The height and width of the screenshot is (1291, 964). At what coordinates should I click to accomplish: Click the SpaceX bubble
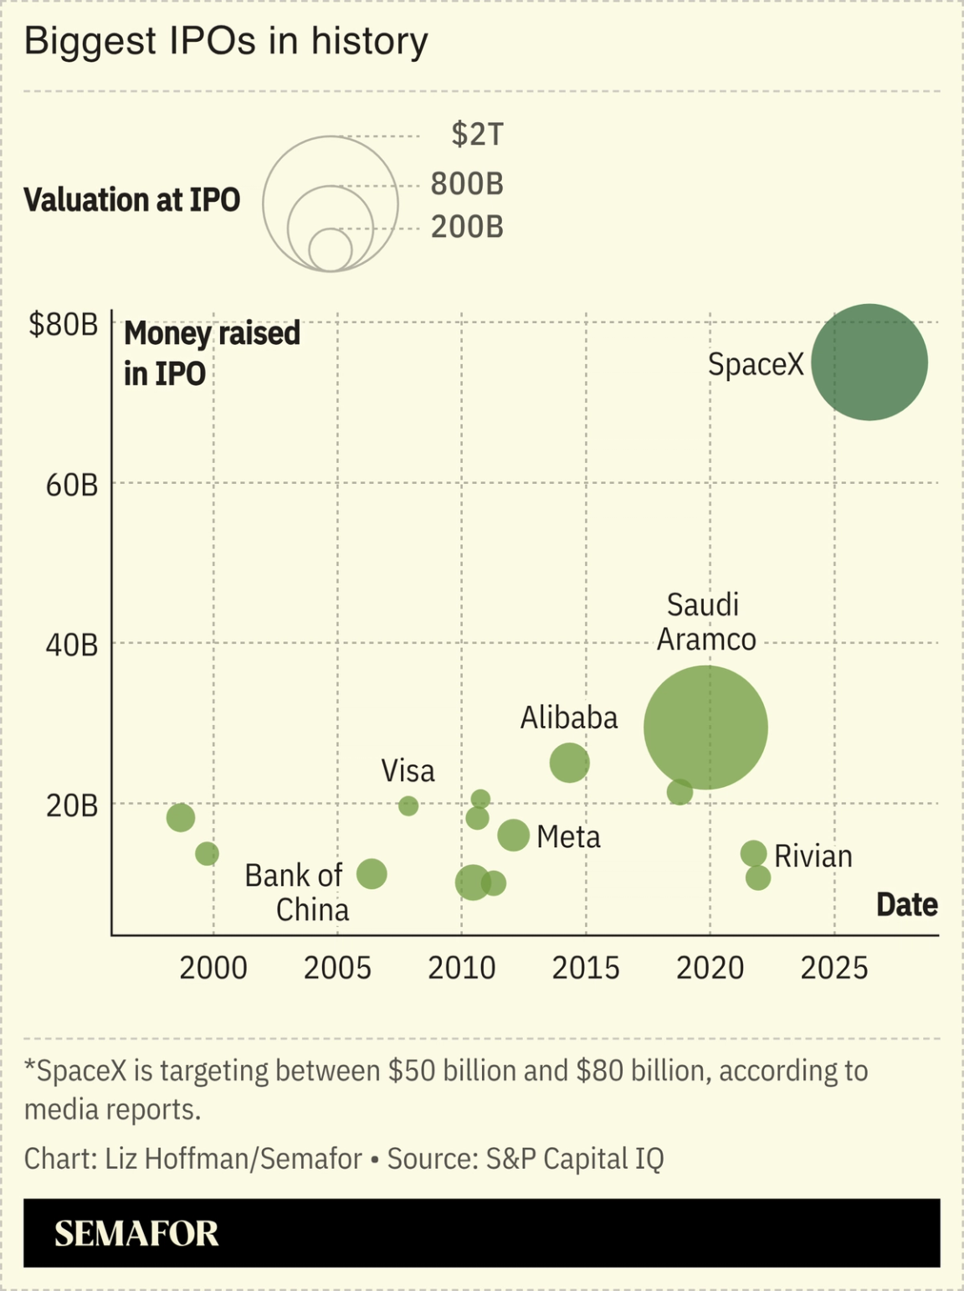(869, 362)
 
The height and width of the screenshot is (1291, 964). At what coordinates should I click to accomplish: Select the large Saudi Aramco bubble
(705, 728)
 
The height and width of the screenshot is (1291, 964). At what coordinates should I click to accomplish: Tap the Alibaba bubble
(569, 763)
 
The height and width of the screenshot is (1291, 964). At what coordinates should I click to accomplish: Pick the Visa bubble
(408, 805)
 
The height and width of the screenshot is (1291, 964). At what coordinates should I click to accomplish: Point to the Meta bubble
(513, 835)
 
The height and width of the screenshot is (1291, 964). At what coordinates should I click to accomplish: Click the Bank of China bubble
(372, 874)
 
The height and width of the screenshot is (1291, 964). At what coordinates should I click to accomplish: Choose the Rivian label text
(813, 856)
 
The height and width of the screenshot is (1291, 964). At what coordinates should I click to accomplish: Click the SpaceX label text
(755, 364)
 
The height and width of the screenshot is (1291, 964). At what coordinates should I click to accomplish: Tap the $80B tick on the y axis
(64, 324)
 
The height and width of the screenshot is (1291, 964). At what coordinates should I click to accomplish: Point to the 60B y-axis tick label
(72, 485)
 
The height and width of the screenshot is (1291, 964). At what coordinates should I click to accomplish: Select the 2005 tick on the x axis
(337, 968)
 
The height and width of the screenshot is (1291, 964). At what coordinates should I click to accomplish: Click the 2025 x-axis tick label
(834, 968)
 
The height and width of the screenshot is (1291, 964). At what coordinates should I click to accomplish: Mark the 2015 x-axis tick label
(586, 968)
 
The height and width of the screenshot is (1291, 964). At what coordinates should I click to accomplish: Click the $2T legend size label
(477, 134)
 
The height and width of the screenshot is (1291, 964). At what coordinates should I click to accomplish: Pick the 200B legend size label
(467, 227)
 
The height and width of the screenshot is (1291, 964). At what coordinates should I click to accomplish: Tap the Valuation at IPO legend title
(131, 200)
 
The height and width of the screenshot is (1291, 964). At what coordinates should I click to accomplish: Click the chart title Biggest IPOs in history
(226, 41)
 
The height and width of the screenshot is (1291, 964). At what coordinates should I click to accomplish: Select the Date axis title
(906, 905)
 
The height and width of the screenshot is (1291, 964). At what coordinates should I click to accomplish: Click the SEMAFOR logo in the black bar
(136, 1233)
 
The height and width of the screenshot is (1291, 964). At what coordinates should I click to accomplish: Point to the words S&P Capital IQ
(575, 1159)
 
